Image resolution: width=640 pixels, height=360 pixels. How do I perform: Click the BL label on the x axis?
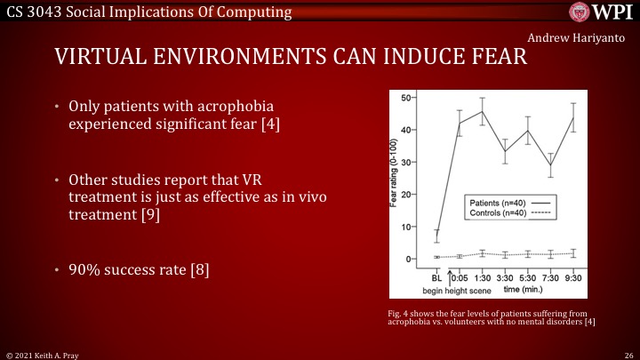click(x=436, y=277)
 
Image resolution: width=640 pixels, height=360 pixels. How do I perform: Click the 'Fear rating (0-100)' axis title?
click(x=393, y=178)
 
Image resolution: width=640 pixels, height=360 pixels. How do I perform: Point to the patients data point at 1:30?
click(x=483, y=112)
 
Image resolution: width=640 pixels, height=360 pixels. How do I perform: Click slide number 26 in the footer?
click(x=628, y=354)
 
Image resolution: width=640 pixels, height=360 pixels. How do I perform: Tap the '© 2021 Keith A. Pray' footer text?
click(x=41, y=354)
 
